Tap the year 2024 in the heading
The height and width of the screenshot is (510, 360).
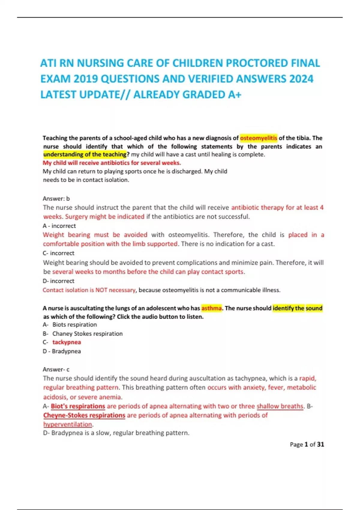coord(301,79)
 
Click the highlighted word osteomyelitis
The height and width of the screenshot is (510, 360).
coord(259,138)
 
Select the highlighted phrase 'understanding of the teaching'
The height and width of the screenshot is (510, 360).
coord(85,154)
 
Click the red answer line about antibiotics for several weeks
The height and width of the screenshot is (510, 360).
coord(112,163)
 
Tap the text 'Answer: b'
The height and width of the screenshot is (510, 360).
coord(56,199)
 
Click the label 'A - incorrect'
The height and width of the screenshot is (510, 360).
coord(59,226)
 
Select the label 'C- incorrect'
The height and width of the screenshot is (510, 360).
coord(58,253)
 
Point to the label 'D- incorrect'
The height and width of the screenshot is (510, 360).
coord(58,281)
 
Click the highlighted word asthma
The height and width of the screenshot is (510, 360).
coord(211,308)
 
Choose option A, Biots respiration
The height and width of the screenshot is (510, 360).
coord(74,325)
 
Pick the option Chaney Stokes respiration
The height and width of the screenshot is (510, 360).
coord(87,334)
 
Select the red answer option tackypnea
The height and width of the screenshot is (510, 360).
coord(67,342)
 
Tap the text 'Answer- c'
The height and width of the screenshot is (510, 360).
coord(56,369)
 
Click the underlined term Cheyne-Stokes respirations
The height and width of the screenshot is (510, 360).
coord(84,415)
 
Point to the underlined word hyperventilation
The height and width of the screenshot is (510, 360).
coord(68,424)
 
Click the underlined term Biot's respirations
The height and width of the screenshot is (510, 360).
coord(78,406)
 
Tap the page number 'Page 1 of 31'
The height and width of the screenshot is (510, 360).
coord(307,445)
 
